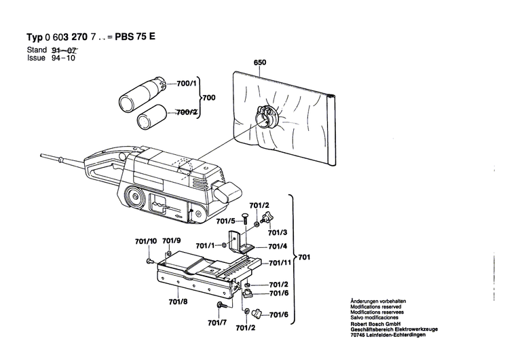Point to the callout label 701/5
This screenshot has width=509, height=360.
[x=226, y=221]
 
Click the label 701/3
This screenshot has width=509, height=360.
[x=278, y=232]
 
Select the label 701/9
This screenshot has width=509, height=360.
[x=172, y=241]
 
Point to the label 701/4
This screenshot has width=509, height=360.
[x=278, y=247]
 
